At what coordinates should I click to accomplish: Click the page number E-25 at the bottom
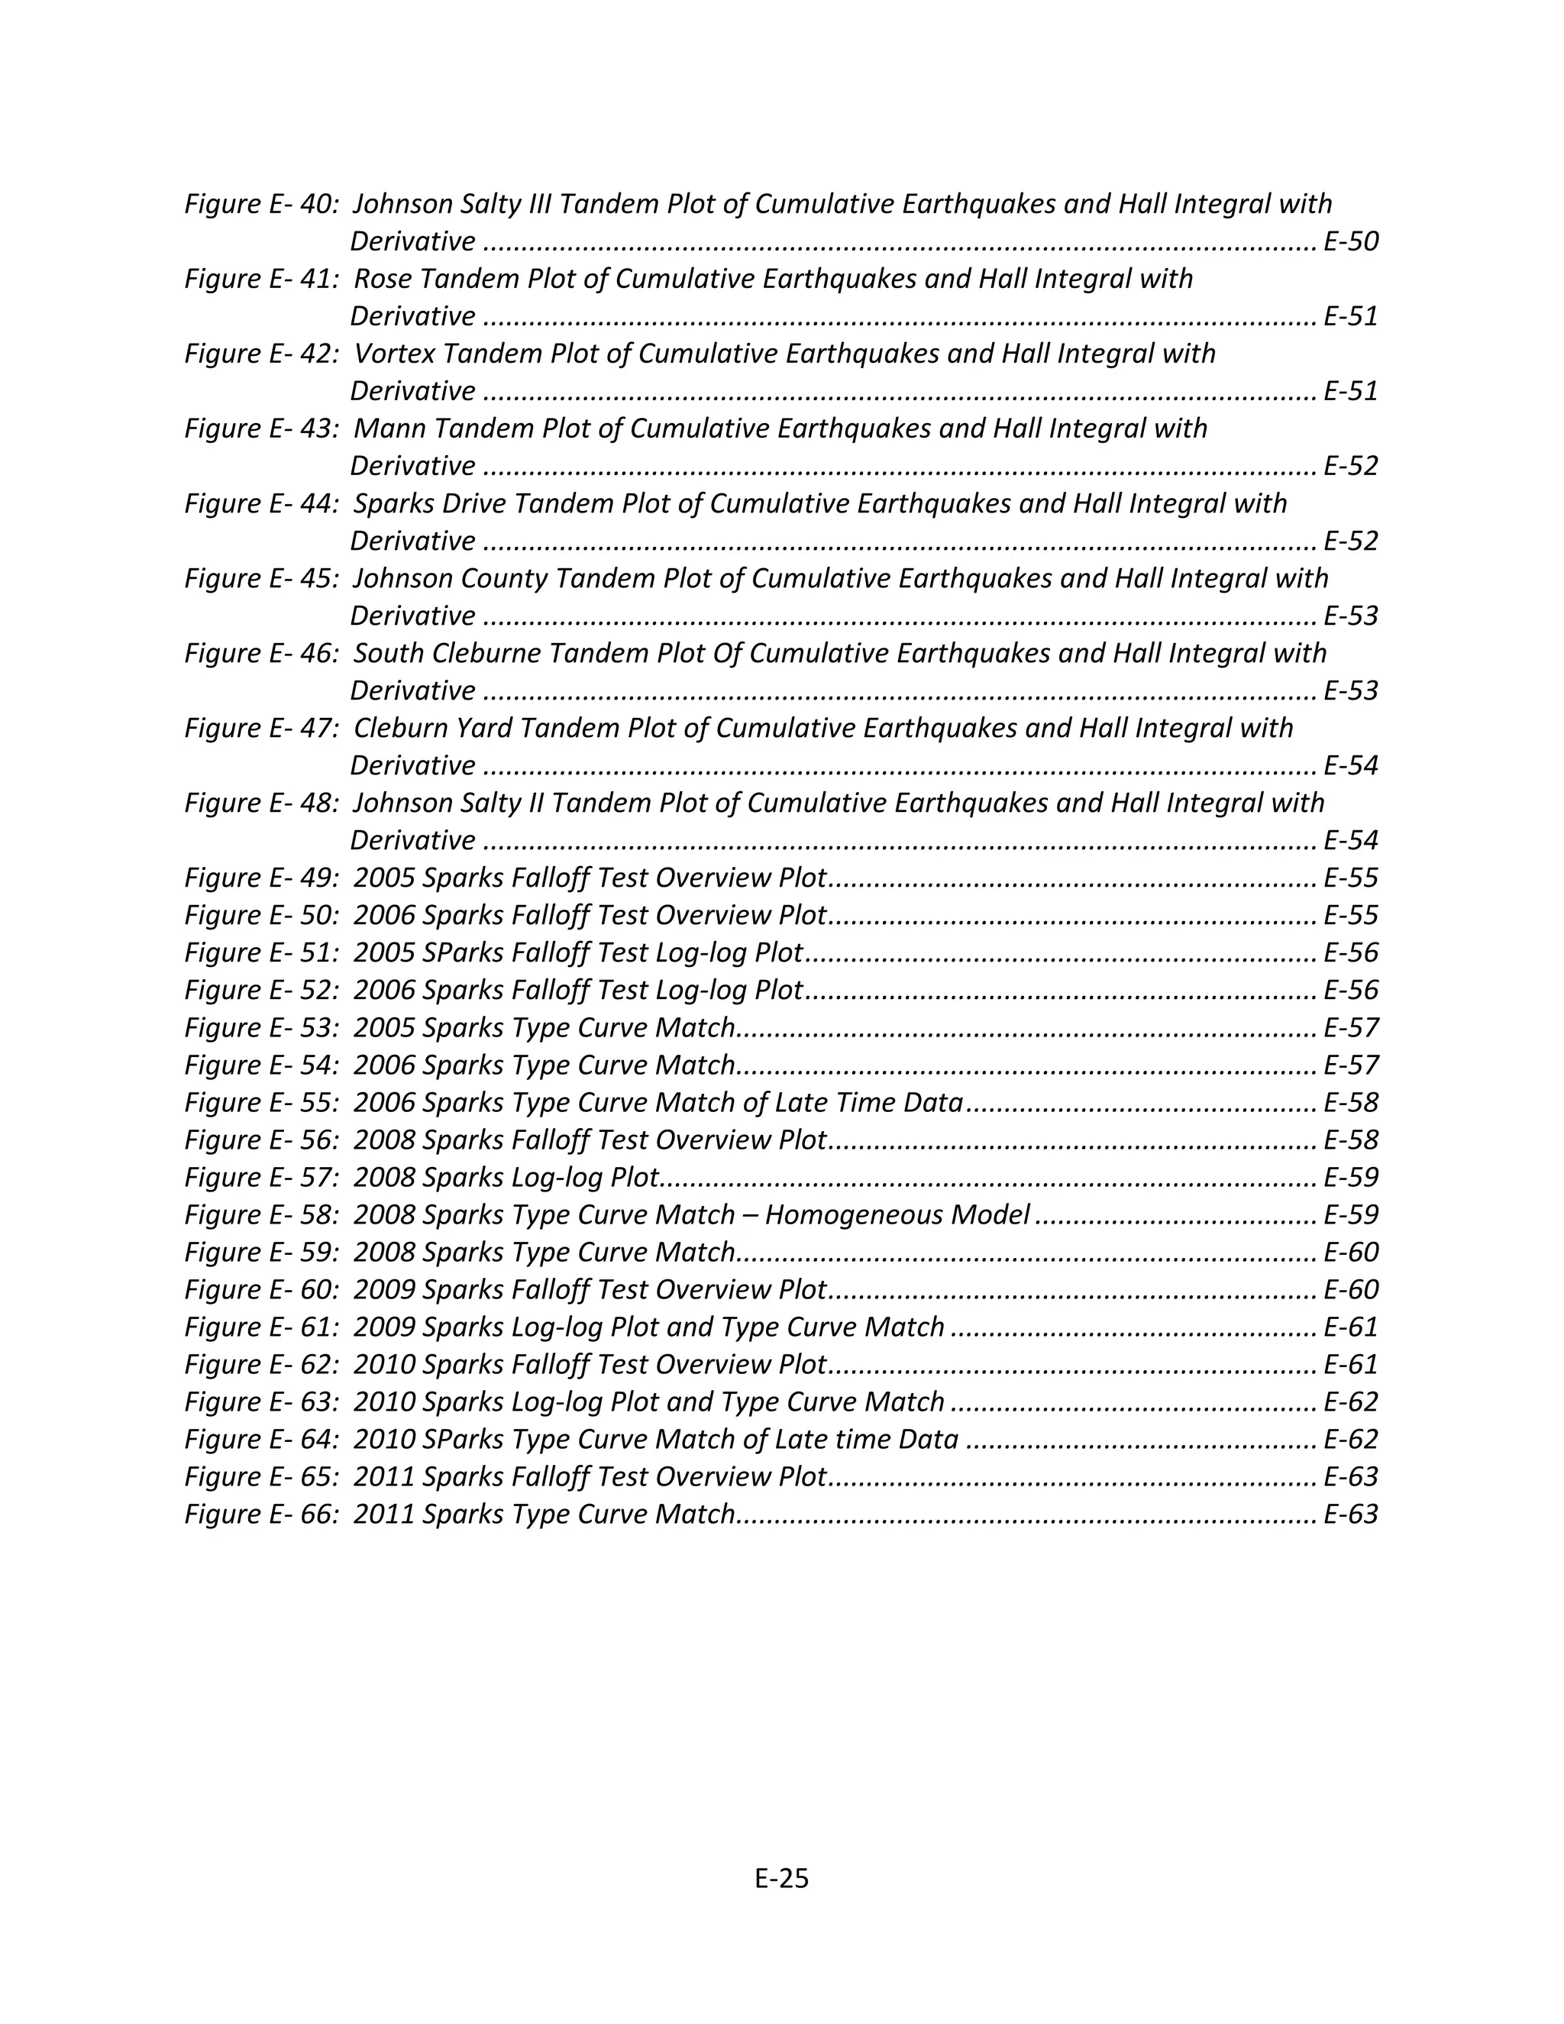[781, 1879]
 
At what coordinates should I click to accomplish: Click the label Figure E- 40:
[261, 204]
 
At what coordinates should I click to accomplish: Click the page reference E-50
[1351, 242]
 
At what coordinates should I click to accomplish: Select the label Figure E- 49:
[261, 878]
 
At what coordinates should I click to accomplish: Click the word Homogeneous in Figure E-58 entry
[896, 1215]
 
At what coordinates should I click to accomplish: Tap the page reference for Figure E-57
[1351, 1178]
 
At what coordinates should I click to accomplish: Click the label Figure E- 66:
[261, 1515]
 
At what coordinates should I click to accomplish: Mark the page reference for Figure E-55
[1351, 1103]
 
